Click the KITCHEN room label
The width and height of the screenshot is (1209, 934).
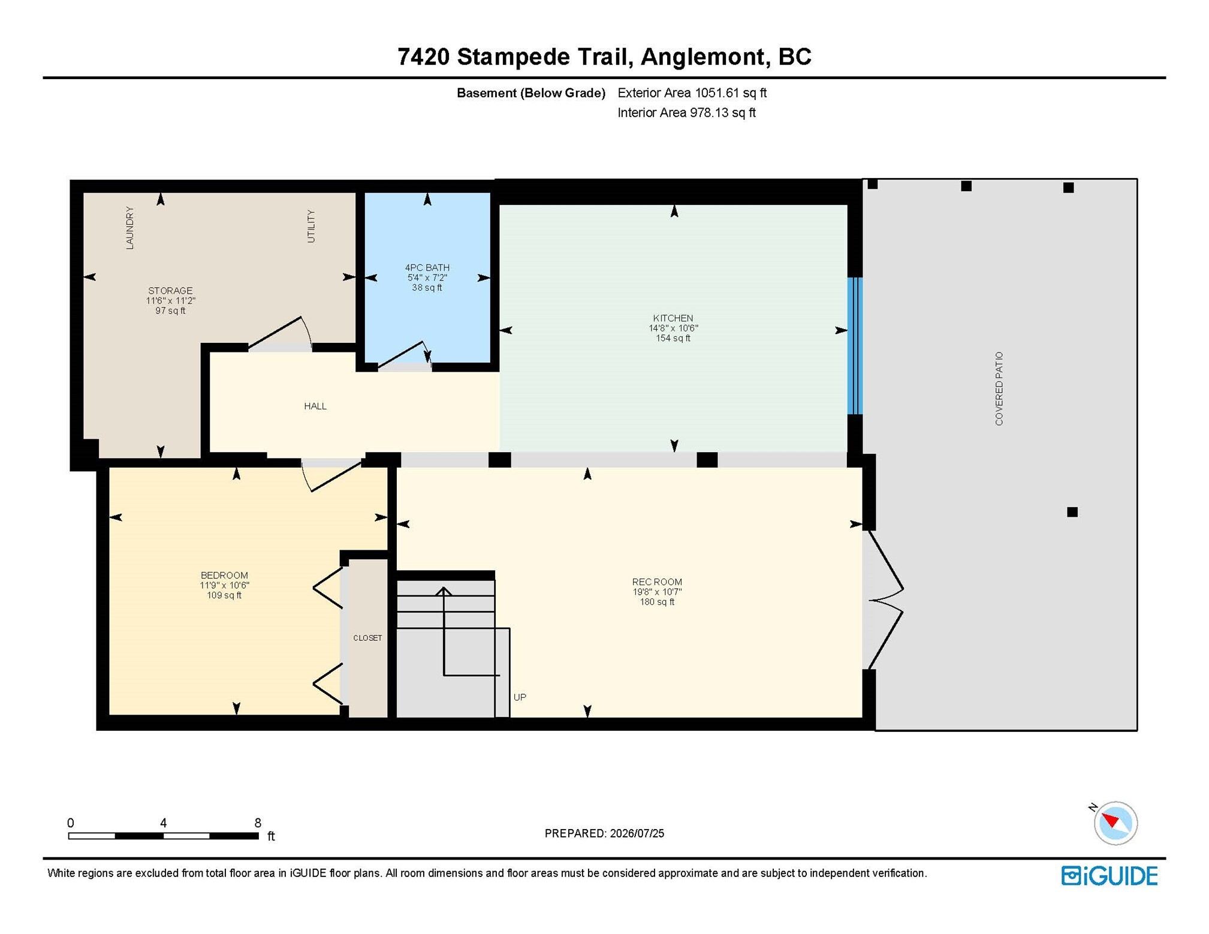pyautogui.click(x=673, y=318)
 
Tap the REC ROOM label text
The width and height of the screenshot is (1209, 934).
pyautogui.click(x=657, y=582)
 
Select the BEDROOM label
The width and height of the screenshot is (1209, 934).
pyautogui.click(x=224, y=576)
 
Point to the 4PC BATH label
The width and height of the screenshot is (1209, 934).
pyautogui.click(x=427, y=268)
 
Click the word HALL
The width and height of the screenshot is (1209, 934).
pyautogui.click(x=315, y=406)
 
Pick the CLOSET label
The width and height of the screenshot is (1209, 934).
pyautogui.click(x=367, y=638)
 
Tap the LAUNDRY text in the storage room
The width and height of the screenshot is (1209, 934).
pyautogui.click(x=129, y=228)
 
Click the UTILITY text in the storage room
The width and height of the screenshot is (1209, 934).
pyautogui.click(x=310, y=226)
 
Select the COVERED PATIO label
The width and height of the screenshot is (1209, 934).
pyautogui.click(x=999, y=389)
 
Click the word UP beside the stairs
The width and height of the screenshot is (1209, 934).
pyautogui.click(x=520, y=697)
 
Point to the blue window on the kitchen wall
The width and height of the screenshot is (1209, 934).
pyautogui.click(x=855, y=346)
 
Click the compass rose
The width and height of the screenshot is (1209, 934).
pyautogui.click(x=1114, y=823)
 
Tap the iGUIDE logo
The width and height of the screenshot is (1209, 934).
pyautogui.click(x=1109, y=876)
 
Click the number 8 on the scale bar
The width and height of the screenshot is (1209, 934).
pyautogui.click(x=258, y=823)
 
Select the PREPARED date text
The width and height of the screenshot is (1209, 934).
pyautogui.click(x=604, y=833)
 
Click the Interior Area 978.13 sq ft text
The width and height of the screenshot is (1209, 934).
pyautogui.click(x=686, y=113)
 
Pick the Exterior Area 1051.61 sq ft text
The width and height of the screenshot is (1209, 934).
pyautogui.click(x=692, y=93)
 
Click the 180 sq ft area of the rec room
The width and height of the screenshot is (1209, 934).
pyautogui.click(x=657, y=602)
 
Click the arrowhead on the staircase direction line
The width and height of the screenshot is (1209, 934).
pyautogui.click(x=444, y=591)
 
